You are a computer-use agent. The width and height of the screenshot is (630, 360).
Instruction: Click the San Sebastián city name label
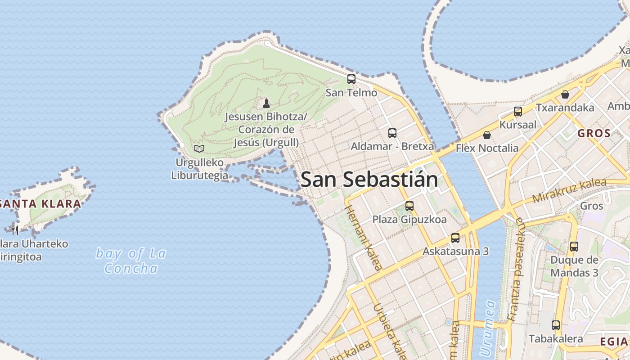(369, 180)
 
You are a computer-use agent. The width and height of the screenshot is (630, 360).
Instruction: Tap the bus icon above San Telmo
(351, 79)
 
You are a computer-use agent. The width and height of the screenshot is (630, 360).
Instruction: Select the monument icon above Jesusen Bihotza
(266, 103)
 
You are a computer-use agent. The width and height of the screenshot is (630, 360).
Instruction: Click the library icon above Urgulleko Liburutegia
(199, 148)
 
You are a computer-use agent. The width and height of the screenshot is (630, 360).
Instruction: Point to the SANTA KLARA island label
(40, 203)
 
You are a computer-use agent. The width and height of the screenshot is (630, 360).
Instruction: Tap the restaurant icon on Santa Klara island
(15, 230)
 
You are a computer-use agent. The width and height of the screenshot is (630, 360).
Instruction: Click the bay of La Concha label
(131, 261)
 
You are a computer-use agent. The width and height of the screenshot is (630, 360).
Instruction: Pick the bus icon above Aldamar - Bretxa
(392, 133)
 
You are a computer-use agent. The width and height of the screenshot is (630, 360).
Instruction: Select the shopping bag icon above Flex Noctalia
(487, 135)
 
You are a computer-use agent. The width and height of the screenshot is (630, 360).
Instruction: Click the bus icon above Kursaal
(518, 112)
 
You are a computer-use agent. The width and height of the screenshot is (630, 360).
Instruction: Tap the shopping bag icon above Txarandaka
(565, 94)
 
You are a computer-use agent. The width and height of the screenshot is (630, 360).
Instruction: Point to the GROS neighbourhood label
(594, 133)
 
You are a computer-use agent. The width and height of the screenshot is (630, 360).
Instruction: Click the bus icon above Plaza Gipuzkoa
(409, 206)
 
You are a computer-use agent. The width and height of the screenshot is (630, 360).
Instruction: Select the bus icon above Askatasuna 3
(455, 238)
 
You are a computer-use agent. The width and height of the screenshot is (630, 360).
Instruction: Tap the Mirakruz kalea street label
(569, 192)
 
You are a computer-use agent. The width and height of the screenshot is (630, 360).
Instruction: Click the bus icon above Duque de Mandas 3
(574, 247)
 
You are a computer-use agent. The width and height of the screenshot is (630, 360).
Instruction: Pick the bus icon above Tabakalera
(556, 325)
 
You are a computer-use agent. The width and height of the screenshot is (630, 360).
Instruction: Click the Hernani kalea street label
(364, 238)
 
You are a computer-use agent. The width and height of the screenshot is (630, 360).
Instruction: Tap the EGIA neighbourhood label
(614, 342)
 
